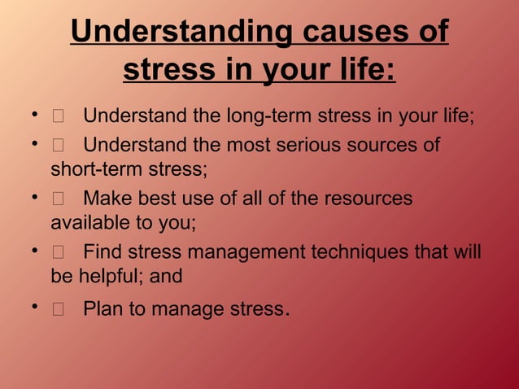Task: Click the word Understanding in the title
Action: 182,32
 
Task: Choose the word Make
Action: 108,199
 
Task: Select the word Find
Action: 106,251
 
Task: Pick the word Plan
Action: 106,309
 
